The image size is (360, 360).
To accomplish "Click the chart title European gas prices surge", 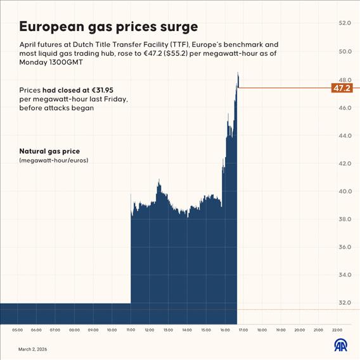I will click(108, 27).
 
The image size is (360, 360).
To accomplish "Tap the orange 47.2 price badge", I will click(342, 88).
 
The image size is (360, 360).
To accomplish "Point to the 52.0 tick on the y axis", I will click(345, 23).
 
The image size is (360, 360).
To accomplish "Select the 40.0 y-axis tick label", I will click(345, 191).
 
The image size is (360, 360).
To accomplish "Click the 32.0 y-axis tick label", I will click(345, 302).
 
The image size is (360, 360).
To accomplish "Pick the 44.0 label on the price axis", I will click(345, 136).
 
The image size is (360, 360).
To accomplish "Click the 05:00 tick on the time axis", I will click(17, 330).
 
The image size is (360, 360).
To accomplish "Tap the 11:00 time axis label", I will click(131, 330).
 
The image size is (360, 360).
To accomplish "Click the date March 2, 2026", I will click(32, 349).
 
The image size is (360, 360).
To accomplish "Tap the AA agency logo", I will click(341, 345).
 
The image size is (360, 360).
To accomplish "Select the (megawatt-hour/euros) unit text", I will click(54, 161).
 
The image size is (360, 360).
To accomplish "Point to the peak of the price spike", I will click(238, 74).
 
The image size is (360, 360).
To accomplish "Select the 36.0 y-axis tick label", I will click(345, 247).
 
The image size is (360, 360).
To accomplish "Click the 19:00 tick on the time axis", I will click(281, 330).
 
